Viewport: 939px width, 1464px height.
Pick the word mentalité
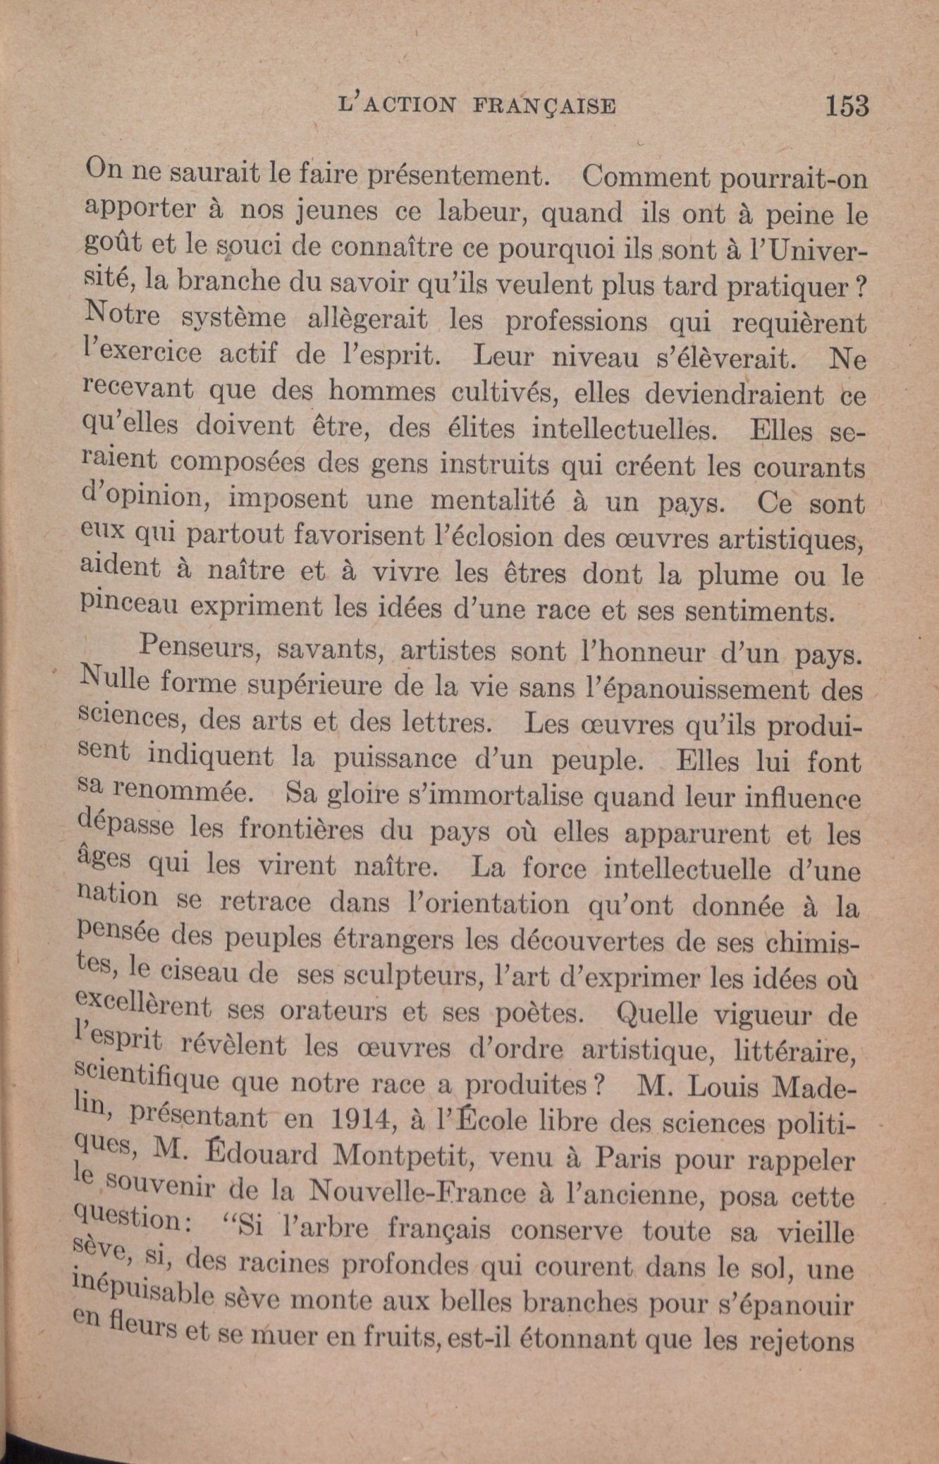[491, 500]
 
